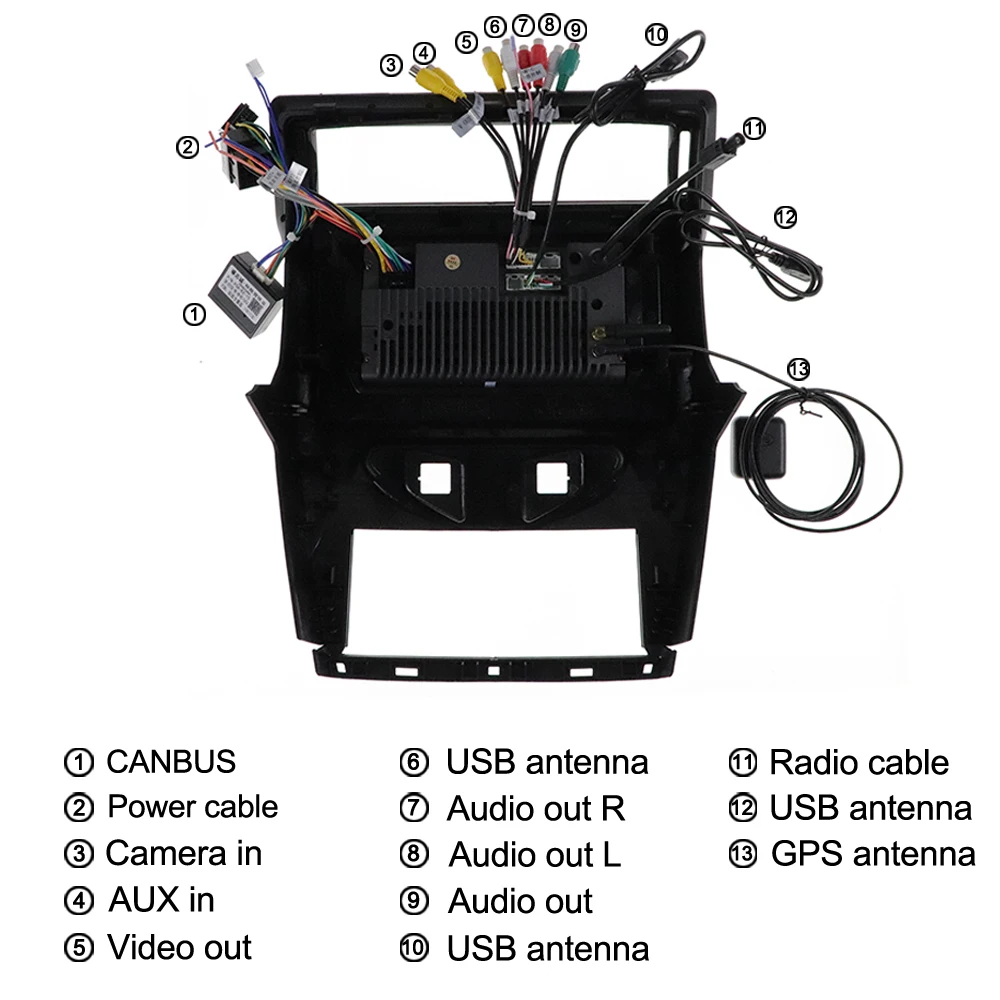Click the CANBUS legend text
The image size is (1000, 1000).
170,762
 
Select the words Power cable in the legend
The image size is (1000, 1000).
192,807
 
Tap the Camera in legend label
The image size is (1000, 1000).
183,854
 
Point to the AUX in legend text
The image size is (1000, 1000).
160,900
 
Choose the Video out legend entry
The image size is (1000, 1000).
179,947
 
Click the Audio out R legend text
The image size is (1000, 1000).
535,808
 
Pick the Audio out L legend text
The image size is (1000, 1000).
534,855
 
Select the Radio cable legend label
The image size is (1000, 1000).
858,763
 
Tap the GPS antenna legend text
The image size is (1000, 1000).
873,855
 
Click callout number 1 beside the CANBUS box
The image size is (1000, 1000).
194,314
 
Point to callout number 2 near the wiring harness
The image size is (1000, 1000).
187,148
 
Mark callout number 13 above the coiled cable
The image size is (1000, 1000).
797,368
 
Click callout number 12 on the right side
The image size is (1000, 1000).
786,216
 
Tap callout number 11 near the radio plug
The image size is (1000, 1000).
754,128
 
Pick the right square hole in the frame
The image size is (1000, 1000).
550,477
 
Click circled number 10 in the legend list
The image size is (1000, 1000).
413,948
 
